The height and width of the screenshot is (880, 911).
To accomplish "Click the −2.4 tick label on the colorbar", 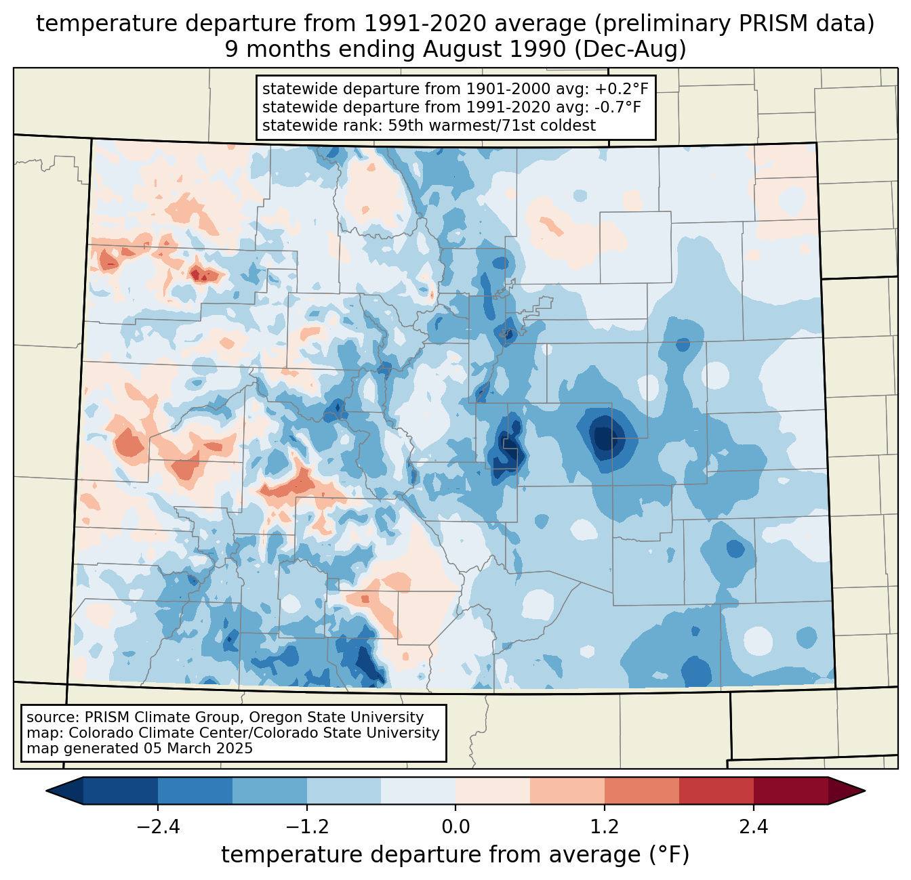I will point(157,827).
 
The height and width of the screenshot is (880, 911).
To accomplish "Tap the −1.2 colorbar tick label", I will point(306,827).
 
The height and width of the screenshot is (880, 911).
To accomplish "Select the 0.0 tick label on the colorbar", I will point(455,827).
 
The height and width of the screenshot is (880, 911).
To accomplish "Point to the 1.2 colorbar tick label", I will point(605,827).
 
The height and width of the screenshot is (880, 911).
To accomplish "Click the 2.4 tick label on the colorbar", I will point(754,827).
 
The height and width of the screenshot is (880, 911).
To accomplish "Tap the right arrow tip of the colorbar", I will point(863,791).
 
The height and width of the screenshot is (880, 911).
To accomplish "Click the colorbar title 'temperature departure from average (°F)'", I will point(455,855).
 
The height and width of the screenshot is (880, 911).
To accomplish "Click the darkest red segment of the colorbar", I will point(790,791).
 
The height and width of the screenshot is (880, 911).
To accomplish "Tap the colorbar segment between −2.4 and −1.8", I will point(195,791).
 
